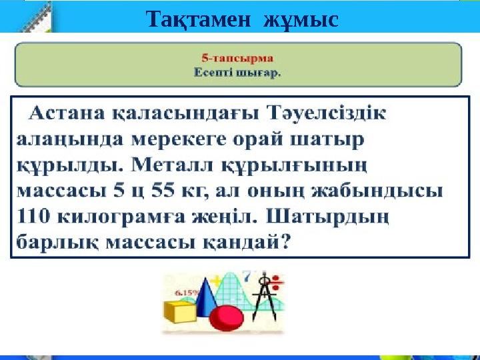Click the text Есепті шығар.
[237, 73]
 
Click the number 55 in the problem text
[155, 191]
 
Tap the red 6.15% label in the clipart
[185, 291]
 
